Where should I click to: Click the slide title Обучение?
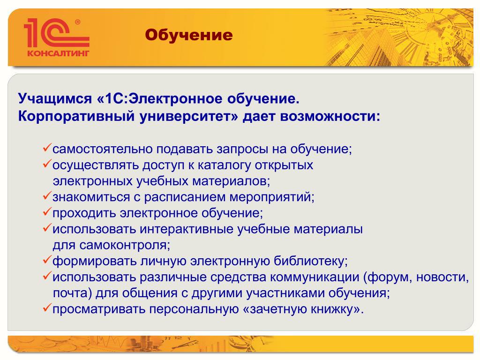click(x=189, y=35)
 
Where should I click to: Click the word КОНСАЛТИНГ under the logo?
click(x=58, y=53)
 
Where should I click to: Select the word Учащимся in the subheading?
click(x=55, y=99)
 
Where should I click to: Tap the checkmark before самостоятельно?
click(x=47, y=148)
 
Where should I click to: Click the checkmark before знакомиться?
click(x=47, y=196)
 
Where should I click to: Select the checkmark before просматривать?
click(x=47, y=307)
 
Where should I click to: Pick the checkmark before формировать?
click(x=47, y=260)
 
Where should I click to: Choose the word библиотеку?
click(x=311, y=261)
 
